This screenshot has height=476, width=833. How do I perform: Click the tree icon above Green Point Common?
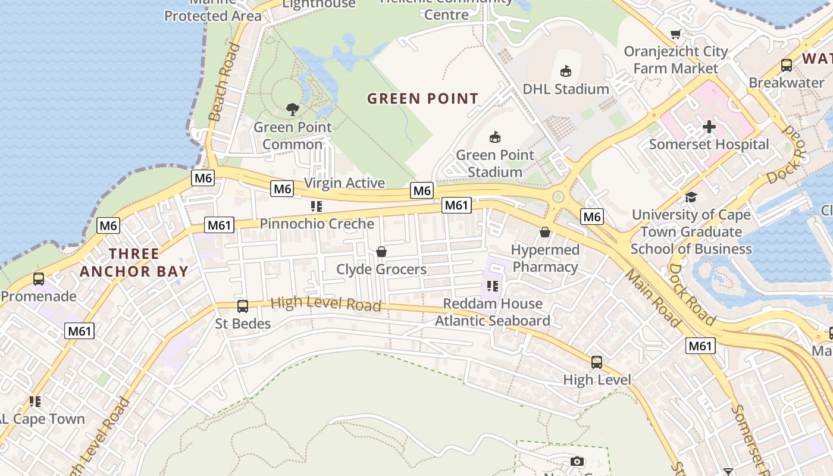292,109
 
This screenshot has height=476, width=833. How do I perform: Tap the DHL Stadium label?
565,89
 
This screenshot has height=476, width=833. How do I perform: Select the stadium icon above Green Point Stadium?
494,137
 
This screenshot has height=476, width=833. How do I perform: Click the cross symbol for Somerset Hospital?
709,127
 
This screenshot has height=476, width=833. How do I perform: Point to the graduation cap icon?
691,197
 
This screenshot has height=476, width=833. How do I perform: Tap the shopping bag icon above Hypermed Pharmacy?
545,232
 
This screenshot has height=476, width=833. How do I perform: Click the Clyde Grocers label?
381,270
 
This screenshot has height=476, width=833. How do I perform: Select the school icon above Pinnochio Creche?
317,206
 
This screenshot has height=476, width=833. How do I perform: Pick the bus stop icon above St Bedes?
243,306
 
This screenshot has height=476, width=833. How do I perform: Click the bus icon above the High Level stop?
597,362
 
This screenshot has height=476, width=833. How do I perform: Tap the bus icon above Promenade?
39,278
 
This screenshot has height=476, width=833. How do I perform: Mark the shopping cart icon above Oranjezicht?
675,34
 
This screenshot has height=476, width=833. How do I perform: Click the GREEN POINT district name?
422,99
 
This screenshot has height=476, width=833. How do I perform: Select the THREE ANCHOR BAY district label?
134,263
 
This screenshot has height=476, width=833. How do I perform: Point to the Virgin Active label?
345,183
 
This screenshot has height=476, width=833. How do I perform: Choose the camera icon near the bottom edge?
577,461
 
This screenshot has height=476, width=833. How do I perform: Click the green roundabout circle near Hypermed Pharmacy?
558,196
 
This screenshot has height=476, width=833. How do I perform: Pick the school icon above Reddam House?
492,286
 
